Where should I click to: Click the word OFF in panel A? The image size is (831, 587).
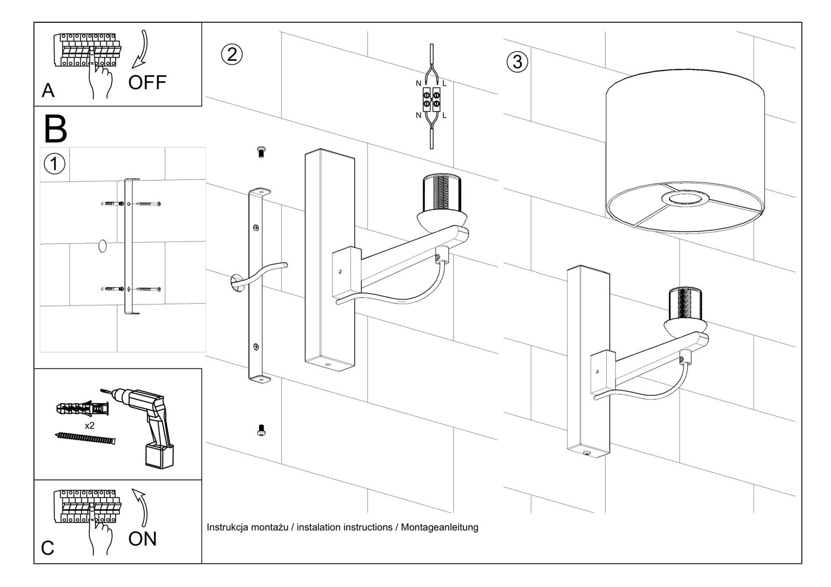tap(147, 82)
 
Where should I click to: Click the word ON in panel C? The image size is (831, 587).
tap(142, 539)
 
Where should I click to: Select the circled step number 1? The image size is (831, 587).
tap(54, 164)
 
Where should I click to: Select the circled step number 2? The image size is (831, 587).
tap(232, 54)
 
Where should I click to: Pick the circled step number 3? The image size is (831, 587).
tap(517, 62)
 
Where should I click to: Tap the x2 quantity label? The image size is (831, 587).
tap(89, 425)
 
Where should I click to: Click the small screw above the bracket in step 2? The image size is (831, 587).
tap(261, 152)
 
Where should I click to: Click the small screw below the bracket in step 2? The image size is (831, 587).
tap(261, 430)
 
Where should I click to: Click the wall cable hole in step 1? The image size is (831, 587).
tap(102, 246)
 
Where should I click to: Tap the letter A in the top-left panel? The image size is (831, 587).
tap(48, 90)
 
